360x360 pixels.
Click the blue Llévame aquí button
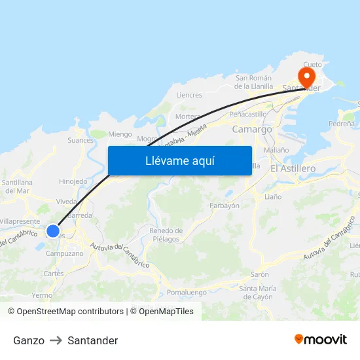tap(179, 161)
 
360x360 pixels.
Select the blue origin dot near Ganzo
tap(53, 230)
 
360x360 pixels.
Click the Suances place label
tap(81, 140)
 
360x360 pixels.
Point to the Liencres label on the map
tap(189, 95)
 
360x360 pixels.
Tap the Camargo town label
tap(252, 130)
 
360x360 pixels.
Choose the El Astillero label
tap(293, 168)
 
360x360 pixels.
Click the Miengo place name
tap(120, 134)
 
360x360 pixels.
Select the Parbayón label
tap(225, 206)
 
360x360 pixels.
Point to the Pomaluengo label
tap(187, 293)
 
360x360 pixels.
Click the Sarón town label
tap(260, 275)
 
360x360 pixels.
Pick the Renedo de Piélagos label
tap(166, 235)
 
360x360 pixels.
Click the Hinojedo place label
tap(73, 181)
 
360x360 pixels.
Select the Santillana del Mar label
tap(17, 187)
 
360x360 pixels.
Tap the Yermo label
tap(42, 295)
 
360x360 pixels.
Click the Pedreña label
tap(342, 123)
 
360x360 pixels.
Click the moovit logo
tap(321, 340)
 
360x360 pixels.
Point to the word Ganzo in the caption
tap(29, 340)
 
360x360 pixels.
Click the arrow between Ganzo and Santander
tap(56, 340)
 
